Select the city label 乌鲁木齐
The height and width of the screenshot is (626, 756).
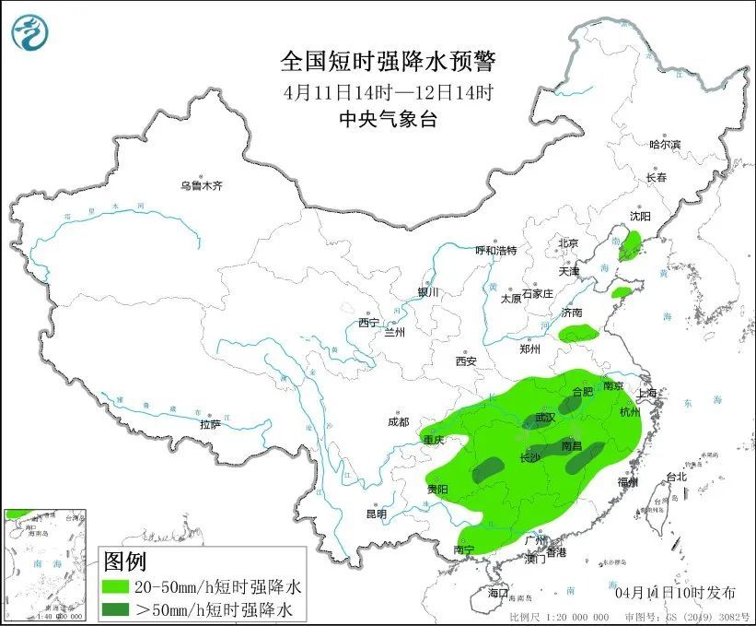(202, 186)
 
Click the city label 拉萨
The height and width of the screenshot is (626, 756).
(210, 424)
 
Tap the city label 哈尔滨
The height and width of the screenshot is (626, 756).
(664, 145)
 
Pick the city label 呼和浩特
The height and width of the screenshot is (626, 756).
(495, 250)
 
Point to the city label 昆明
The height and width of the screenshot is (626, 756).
(377, 514)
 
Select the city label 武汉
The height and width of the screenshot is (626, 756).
(545, 418)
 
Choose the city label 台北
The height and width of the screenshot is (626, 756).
(676, 477)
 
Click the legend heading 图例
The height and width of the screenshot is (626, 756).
(124, 561)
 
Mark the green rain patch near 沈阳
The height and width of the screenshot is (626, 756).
(630, 245)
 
